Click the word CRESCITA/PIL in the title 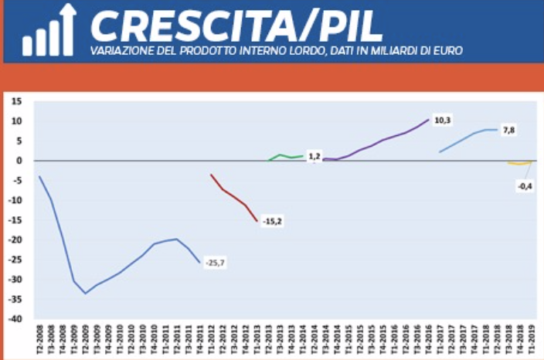(236, 26)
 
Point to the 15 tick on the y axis (16, 101)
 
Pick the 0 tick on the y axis (19, 161)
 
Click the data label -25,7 (216, 263)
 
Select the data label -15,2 (272, 222)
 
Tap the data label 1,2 (314, 157)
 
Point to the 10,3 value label (443, 120)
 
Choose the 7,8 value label (508, 130)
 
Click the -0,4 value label (525, 186)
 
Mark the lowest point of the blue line (85, 294)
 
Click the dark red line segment (234, 198)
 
